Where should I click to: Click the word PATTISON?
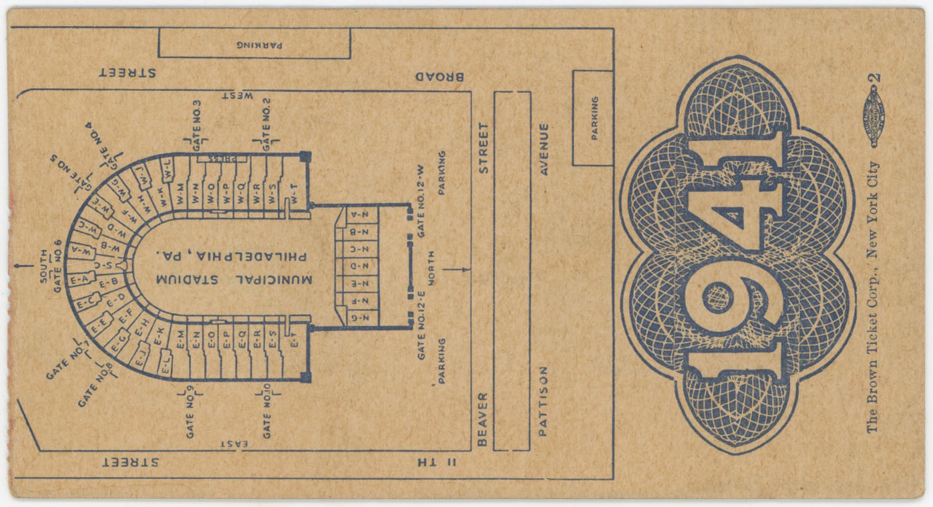[543, 401]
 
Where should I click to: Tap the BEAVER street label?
[483, 419]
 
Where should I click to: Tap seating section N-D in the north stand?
[357, 267]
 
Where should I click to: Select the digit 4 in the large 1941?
[733, 215]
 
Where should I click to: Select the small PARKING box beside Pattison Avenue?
[593, 118]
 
